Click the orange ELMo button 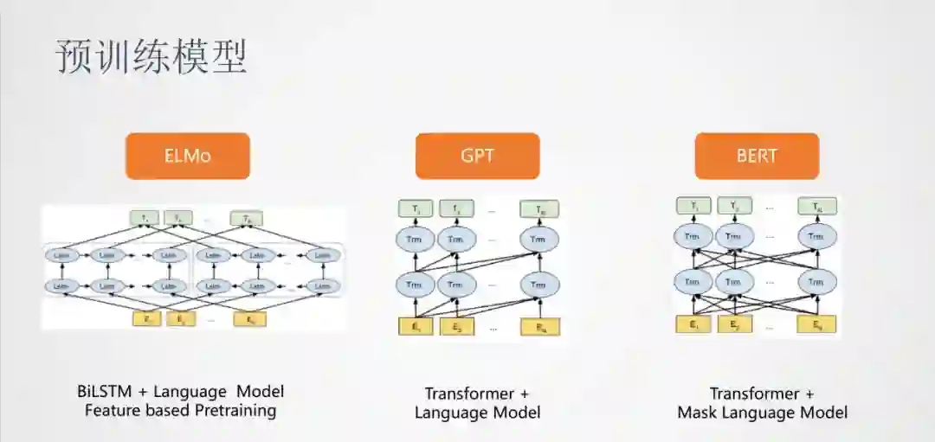188,156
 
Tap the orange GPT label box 477,156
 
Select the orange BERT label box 756,156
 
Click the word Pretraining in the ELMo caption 233,411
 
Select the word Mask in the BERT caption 700,413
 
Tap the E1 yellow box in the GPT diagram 416,327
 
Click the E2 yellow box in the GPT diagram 457,327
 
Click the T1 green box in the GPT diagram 415,208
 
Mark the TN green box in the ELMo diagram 247,218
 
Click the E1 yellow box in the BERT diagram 693,325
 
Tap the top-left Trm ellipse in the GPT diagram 415,239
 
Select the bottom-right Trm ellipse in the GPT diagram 538,284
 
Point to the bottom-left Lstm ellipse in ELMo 61,285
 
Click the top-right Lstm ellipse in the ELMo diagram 322,255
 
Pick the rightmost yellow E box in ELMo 250,319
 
